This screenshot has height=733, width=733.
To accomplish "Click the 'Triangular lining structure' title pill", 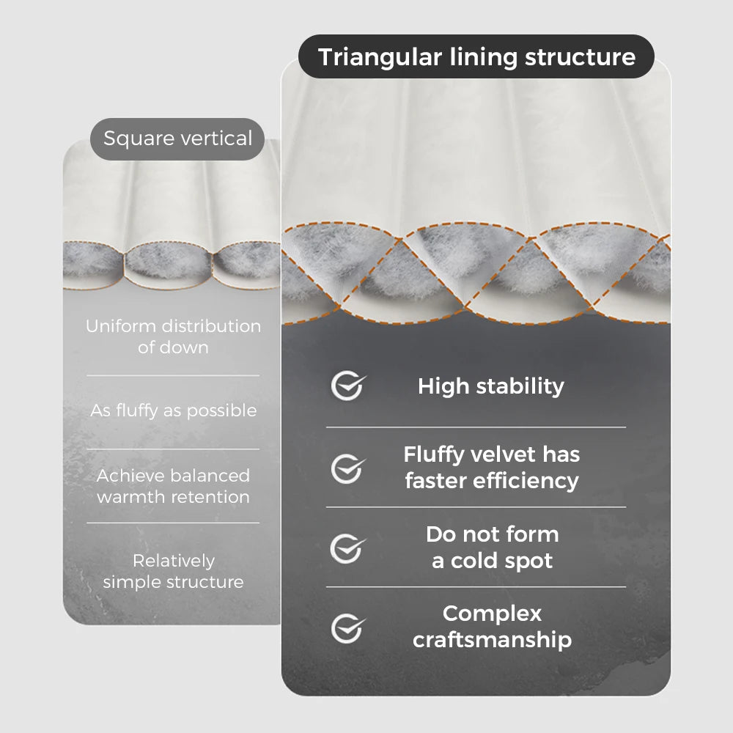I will click(x=476, y=56).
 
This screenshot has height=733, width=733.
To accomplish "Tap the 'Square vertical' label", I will click(x=177, y=139).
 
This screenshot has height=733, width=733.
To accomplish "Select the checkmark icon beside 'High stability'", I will click(x=347, y=386).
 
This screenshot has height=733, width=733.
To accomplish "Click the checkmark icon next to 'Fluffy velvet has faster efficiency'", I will click(x=347, y=468).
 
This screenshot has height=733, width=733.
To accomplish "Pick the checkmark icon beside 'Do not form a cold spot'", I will click(x=347, y=548).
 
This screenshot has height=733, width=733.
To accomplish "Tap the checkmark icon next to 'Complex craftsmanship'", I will click(x=347, y=627).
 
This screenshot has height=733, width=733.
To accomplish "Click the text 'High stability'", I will click(x=491, y=386).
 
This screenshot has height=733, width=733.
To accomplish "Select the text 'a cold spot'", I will click(x=492, y=561).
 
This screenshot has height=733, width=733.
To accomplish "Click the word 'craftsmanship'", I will click(x=492, y=640).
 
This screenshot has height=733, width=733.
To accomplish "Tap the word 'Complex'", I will click(x=492, y=613).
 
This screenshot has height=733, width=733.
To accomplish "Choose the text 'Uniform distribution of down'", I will click(x=173, y=336).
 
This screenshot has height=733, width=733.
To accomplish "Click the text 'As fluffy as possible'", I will click(x=174, y=410).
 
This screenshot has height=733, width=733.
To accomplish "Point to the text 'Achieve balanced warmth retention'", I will click(x=174, y=486).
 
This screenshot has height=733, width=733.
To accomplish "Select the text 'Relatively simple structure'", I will click(x=174, y=571).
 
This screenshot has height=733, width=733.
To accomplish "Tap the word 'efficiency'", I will click(x=531, y=481).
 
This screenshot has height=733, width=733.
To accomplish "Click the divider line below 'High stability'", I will click(x=476, y=427).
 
